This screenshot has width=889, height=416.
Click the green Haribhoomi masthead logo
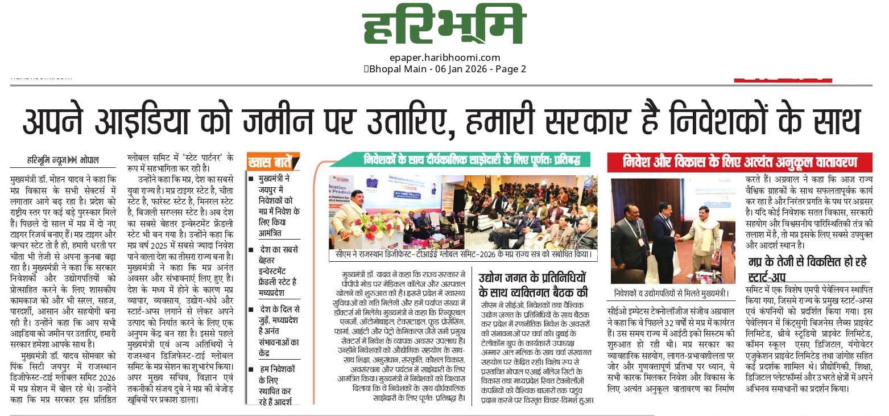[x=444, y=26]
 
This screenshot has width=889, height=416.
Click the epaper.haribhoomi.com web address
[x=444, y=57]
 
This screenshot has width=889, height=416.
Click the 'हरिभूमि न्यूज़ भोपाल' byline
[x=63, y=160]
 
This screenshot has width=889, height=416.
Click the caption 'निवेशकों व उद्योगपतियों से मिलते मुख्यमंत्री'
[x=671, y=294]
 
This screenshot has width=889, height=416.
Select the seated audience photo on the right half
[x=529, y=213]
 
